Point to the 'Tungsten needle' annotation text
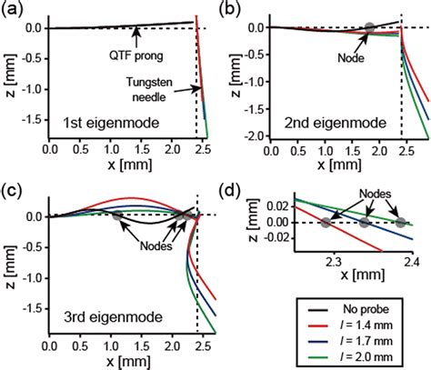tap(161, 88)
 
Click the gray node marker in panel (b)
tap(368, 28)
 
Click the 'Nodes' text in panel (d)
tap(378, 192)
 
